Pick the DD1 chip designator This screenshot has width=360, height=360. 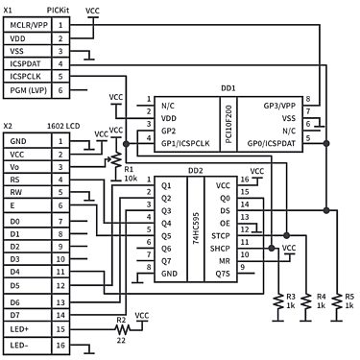pyautogui.click(x=228, y=86)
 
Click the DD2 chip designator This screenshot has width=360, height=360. pyautogui.click(x=195, y=170)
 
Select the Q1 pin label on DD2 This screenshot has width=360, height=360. pyautogui.click(x=166, y=185)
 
